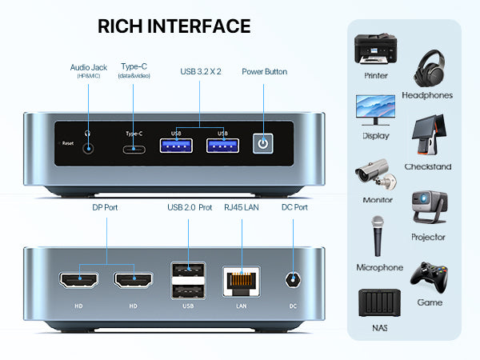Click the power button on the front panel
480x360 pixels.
click(x=263, y=144)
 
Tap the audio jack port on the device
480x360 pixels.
click(x=86, y=146)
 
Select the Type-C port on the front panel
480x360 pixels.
click(x=133, y=148)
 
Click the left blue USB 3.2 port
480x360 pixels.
click(x=177, y=146)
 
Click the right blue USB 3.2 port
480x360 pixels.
click(x=222, y=146)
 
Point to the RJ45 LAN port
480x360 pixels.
click(x=242, y=280)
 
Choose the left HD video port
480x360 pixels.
click(x=78, y=281)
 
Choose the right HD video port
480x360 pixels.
click(x=134, y=281)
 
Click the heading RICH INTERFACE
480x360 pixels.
click(x=174, y=26)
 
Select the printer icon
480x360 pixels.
click(x=375, y=50)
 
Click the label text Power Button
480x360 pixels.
click(x=264, y=72)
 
